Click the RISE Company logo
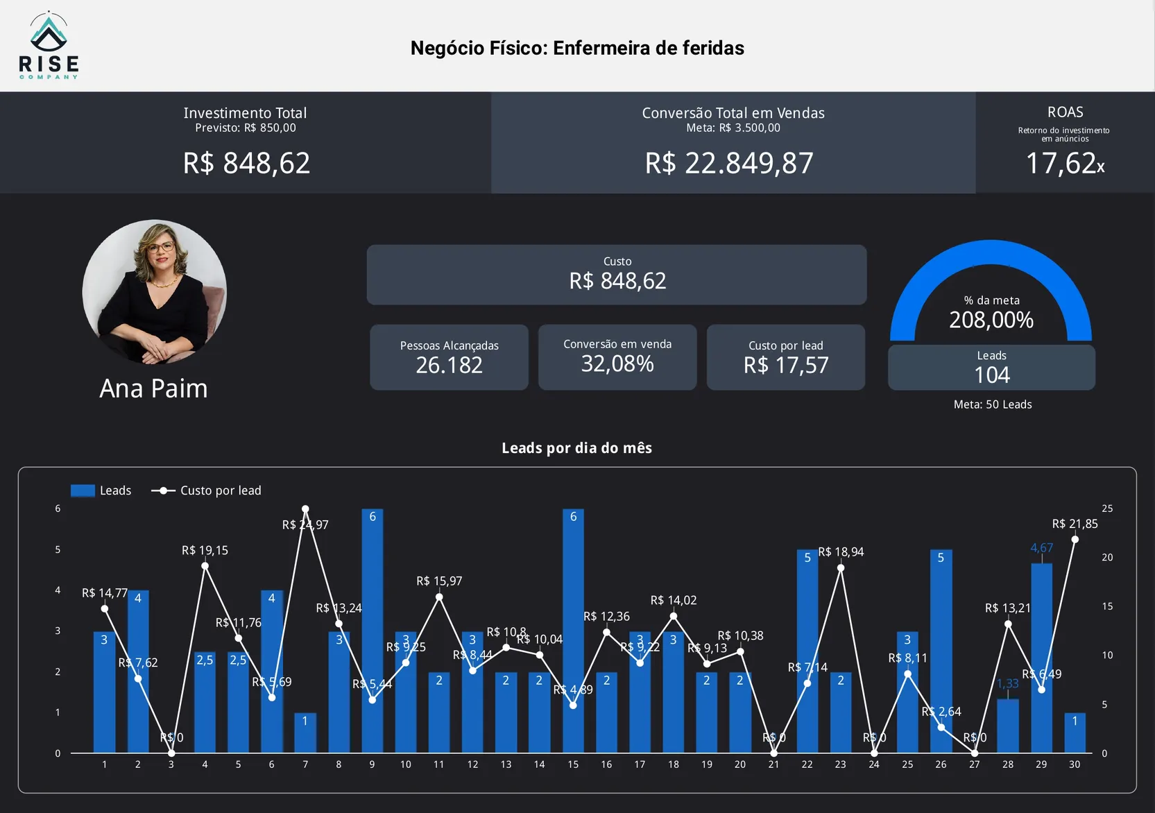(x=49, y=46)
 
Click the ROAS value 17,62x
(x=1065, y=164)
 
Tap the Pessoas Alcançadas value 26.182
(x=449, y=365)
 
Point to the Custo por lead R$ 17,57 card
(x=785, y=357)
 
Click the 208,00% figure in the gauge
(x=991, y=320)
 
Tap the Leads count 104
(x=991, y=375)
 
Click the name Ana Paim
(x=153, y=388)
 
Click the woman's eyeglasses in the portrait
(x=160, y=247)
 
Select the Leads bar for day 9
(x=373, y=631)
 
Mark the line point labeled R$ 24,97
(x=305, y=509)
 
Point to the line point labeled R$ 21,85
(x=1075, y=540)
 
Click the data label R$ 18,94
(x=841, y=552)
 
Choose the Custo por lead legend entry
(x=207, y=490)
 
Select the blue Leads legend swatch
(x=83, y=490)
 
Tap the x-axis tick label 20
(x=740, y=764)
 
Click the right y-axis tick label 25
(x=1107, y=508)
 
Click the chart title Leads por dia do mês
(x=576, y=448)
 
